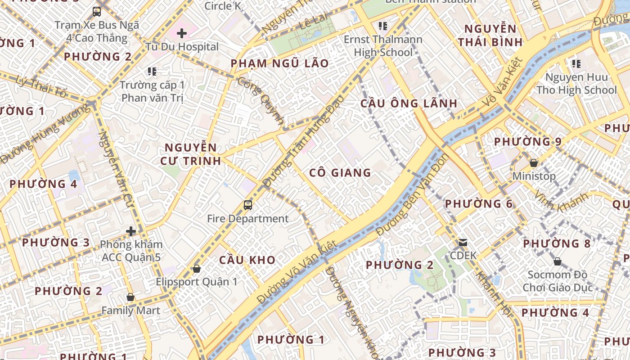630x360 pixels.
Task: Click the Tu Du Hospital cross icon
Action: click(182, 33)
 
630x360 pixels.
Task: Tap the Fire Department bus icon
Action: click(247, 205)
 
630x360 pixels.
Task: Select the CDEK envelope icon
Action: click(463, 243)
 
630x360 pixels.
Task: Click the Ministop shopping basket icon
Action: click(534, 162)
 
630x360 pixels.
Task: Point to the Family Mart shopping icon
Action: click(130, 297)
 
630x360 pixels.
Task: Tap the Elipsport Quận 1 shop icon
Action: click(196, 269)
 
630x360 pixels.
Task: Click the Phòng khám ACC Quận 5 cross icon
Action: click(131, 231)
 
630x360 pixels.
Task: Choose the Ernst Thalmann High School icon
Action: click(383, 26)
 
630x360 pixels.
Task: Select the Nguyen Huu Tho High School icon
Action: click(576, 64)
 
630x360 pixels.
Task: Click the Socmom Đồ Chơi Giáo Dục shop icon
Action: click(558, 261)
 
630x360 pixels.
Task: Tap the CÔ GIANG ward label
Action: click(340, 172)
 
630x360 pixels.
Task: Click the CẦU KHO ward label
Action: click(247, 260)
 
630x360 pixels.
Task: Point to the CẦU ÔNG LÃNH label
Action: click(409, 103)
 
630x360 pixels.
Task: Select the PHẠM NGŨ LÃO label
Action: click(279, 63)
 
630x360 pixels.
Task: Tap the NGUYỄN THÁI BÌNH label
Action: click(490, 36)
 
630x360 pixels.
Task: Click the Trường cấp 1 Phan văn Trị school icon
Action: click(152, 71)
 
